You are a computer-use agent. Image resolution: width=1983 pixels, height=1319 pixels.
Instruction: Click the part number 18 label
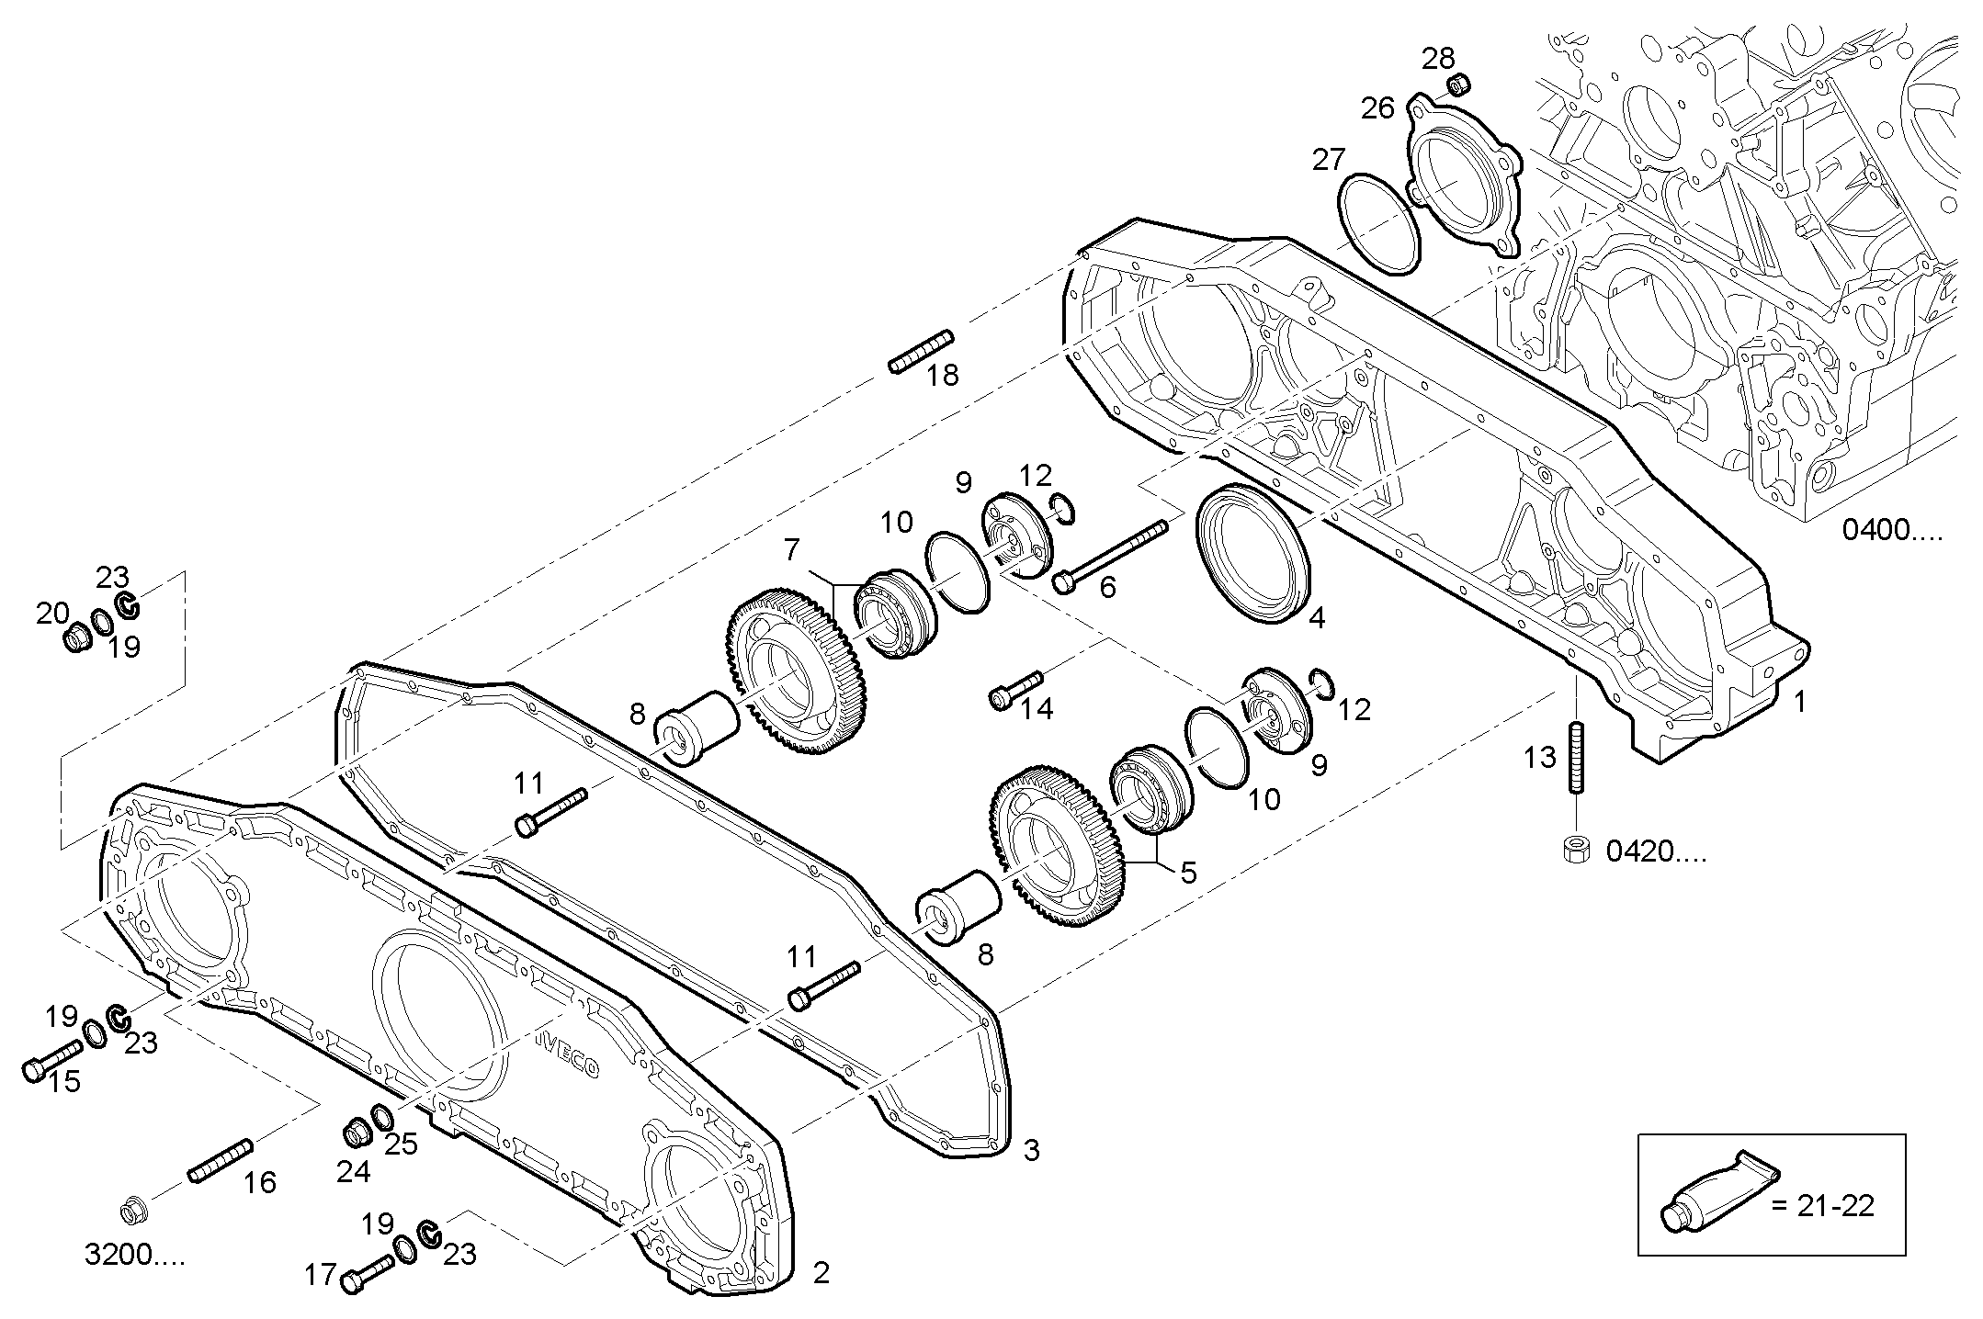pos(942,375)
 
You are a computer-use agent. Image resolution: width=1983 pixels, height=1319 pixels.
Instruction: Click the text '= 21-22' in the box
pos(1822,1205)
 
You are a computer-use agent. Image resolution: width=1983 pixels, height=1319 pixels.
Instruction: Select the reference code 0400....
pos(1892,531)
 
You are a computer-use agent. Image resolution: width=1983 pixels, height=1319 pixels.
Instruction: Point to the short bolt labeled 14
pos(1015,689)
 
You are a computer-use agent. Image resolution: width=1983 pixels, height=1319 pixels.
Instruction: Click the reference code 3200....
pos(134,1256)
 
